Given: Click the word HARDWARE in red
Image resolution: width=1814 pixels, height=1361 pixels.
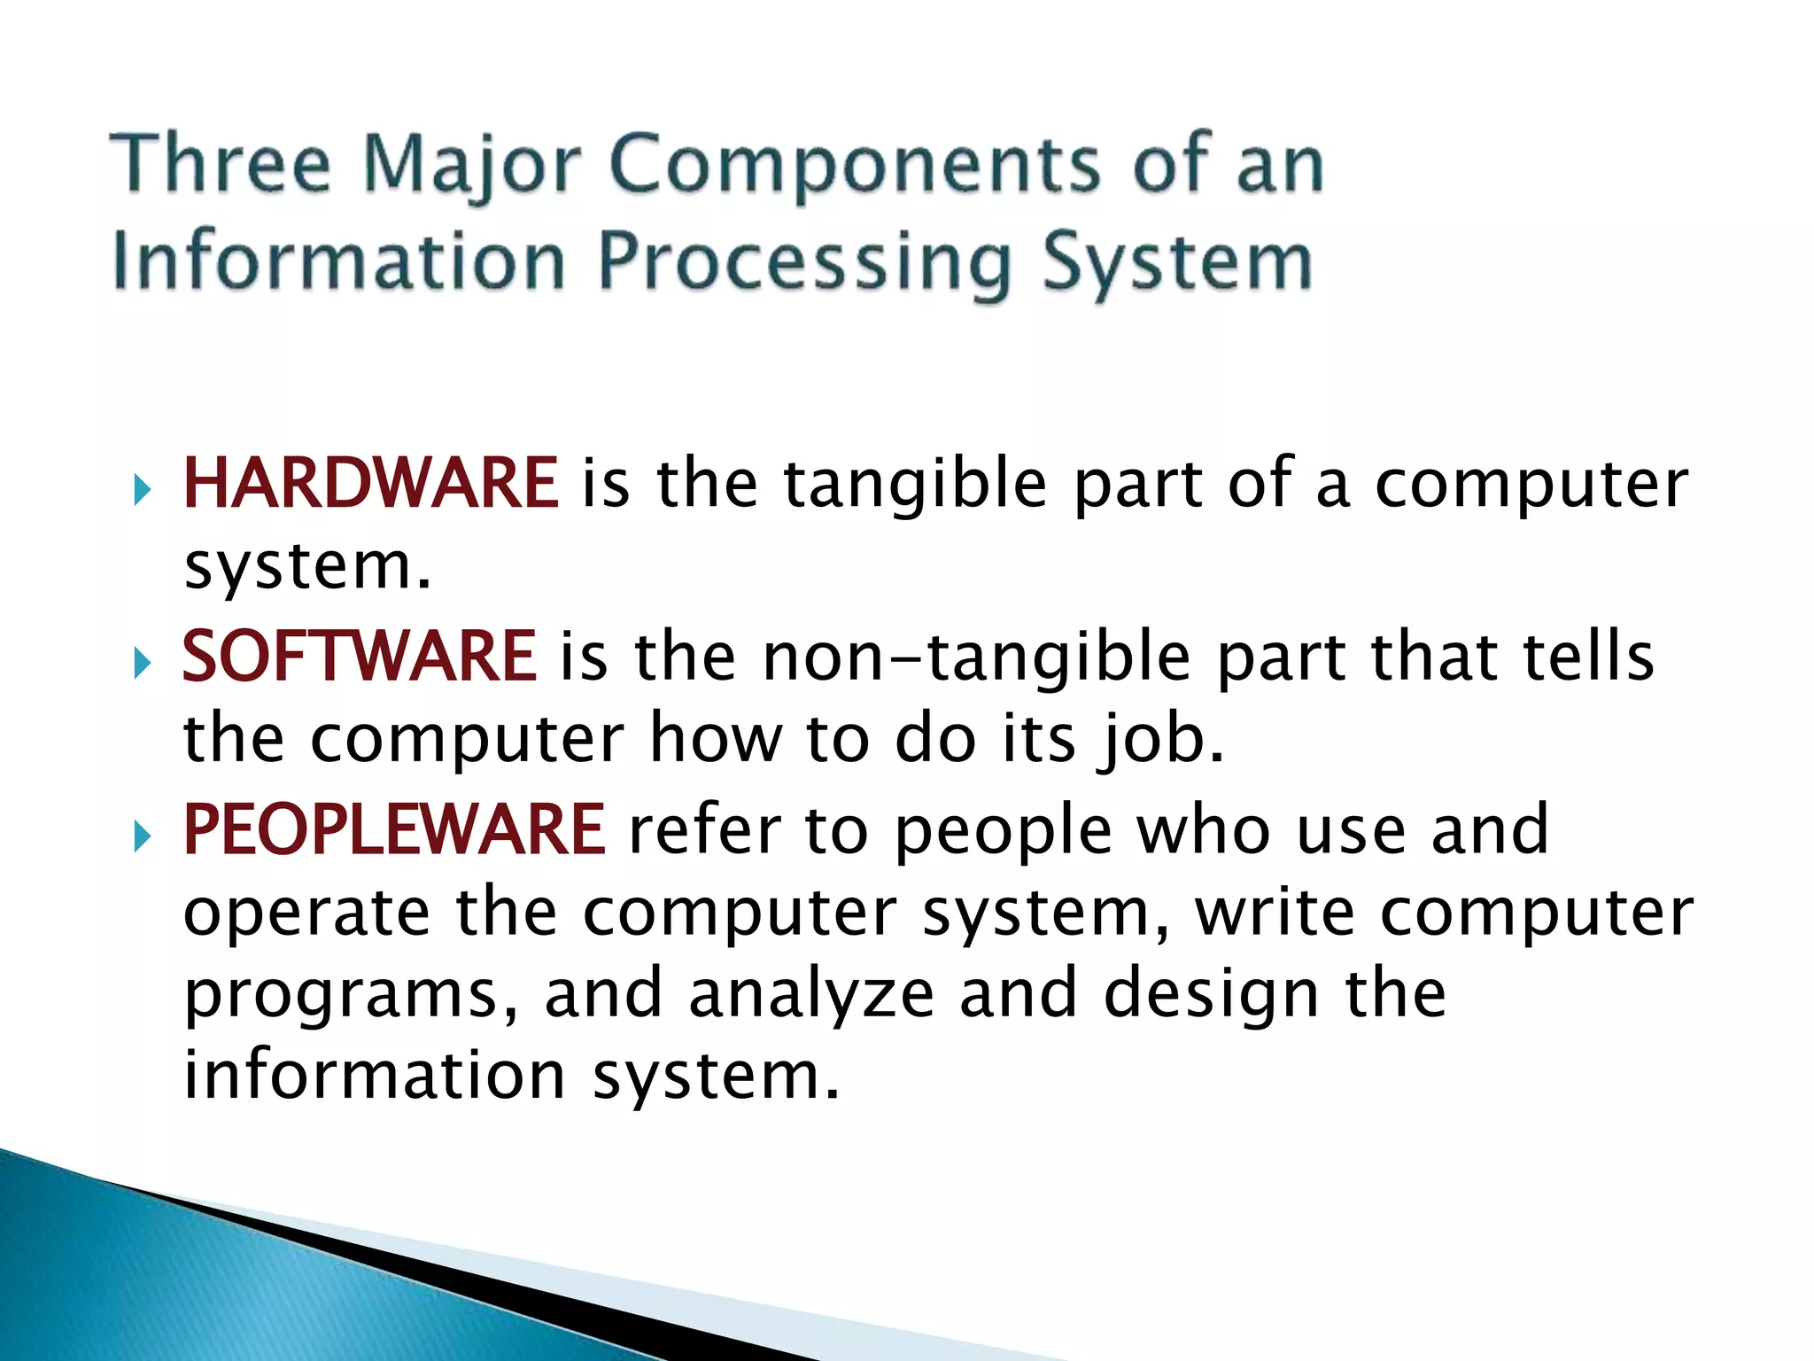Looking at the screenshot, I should [370, 483].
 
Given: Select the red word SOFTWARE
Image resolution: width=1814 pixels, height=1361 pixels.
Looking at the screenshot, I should [359, 657].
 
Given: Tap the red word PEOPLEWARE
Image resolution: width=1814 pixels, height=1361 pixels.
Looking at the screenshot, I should [393, 829].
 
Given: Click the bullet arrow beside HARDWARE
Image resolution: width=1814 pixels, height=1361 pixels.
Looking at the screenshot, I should [143, 488].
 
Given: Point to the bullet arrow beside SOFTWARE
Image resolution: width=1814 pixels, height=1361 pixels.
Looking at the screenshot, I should [143, 662].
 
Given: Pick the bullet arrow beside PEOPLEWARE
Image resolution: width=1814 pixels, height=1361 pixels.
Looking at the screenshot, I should [143, 835].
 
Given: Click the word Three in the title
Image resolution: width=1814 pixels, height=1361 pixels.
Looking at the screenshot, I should [221, 163].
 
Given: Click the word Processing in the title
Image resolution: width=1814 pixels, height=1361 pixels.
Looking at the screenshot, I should [805, 263].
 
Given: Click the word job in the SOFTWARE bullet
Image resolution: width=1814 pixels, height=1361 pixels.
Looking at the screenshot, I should [1159, 740].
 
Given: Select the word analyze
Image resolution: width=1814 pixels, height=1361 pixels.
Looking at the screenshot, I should [811, 993].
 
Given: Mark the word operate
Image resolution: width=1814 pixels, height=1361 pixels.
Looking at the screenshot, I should [306, 913].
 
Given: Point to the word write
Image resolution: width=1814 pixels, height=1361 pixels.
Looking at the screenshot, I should [1275, 912].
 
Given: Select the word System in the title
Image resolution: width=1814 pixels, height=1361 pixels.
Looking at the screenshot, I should [1177, 263].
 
